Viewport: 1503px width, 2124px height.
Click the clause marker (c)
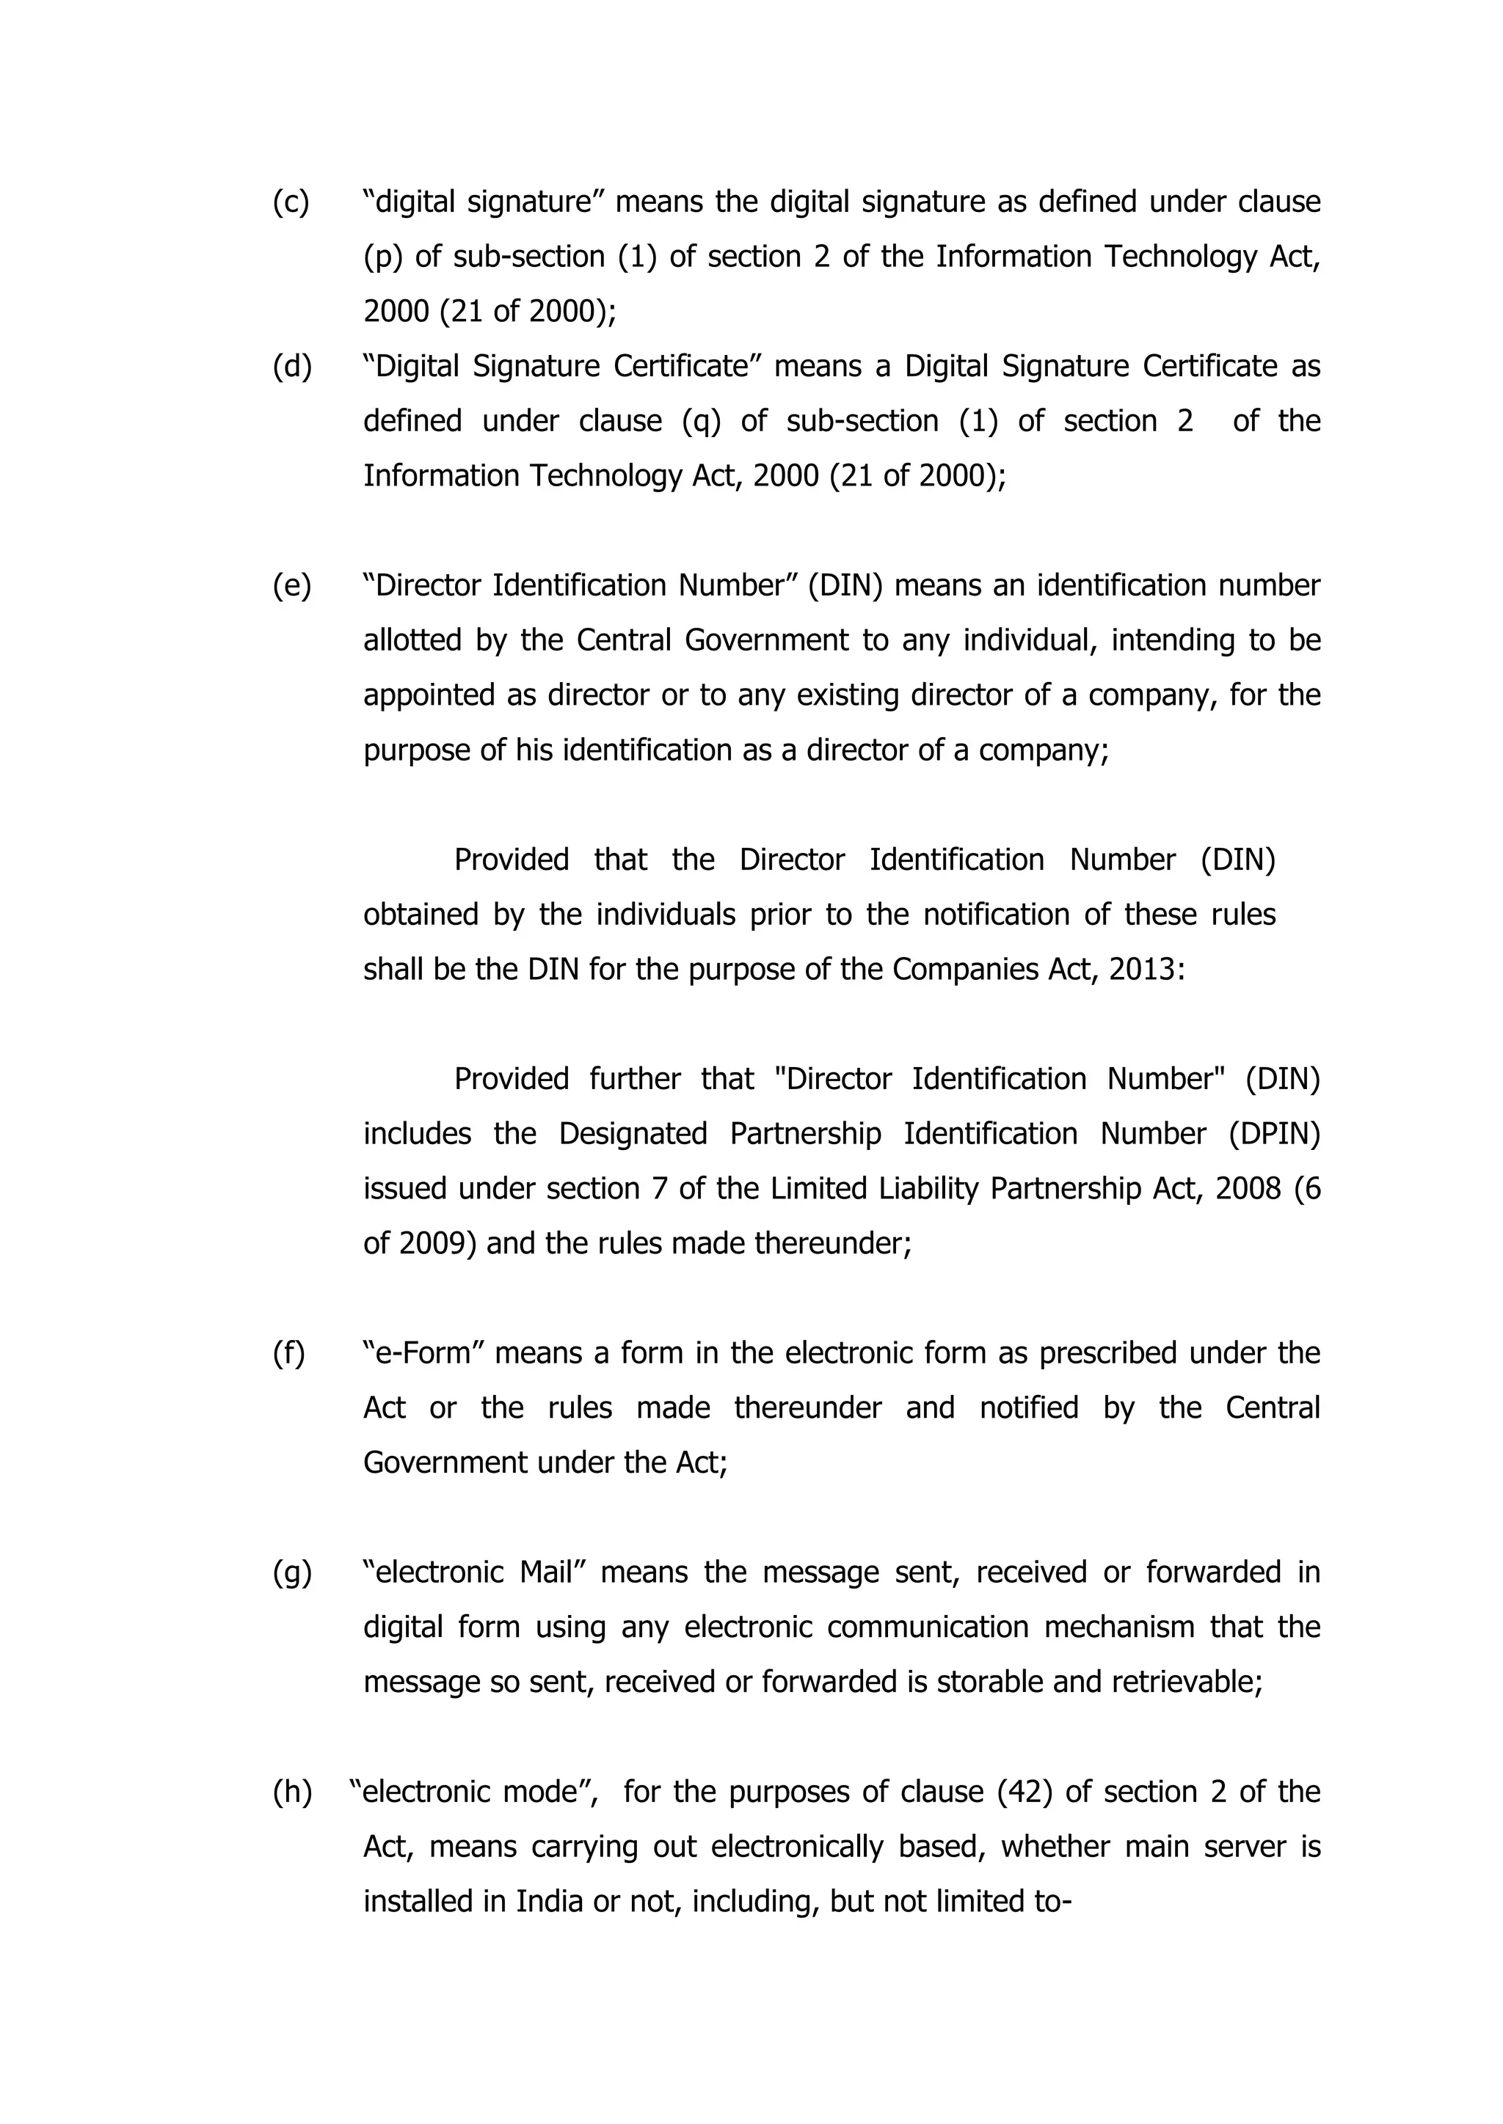pyautogui.click(x=291, y=202)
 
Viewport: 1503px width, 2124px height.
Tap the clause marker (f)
pyautogui.click(x=288, y=1353)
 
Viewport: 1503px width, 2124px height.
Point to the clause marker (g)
pyautogui.click(x=291, y=1572)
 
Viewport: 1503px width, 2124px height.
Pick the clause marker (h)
pyautogui.click(x=291, y=1792)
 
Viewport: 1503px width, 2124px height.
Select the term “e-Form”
pyautogui.click(x=425, y=1353)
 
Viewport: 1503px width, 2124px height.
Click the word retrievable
pyautogui.click(x=1187, y=1682)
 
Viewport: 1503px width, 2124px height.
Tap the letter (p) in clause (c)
pyautogui.click(x=382, y=257)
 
